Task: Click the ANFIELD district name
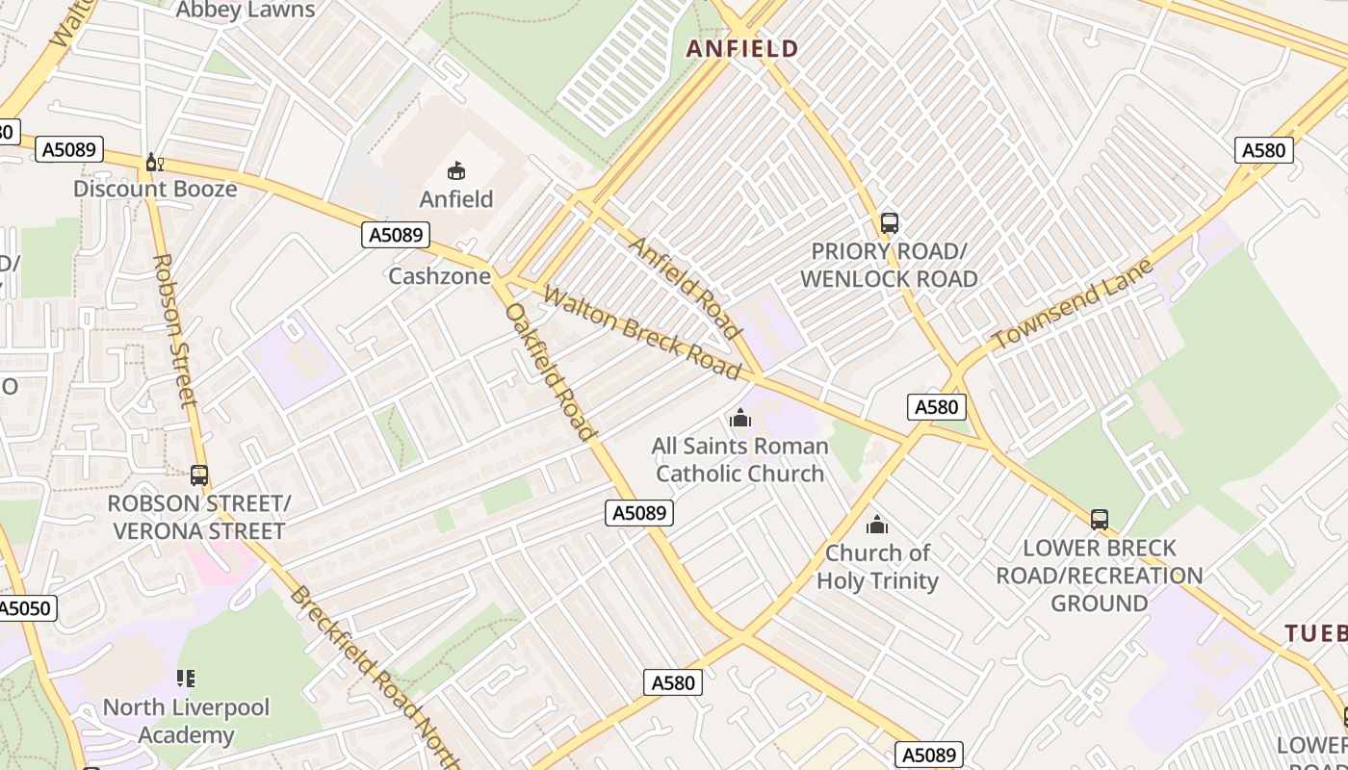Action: coord(741,49)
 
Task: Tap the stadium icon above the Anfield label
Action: coord(456,171)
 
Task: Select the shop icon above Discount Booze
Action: coord(154,163)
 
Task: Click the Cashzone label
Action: coord(433,276)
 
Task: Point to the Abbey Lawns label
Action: coord(246,11)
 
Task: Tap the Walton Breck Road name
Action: coord(641,332)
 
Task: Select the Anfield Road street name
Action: coord(686,287)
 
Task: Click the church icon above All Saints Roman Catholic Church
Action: coord(739,418)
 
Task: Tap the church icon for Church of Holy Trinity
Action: coord(876,525)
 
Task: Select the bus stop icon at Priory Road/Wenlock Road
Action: coord(890,223)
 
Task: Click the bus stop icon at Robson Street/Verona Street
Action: coord(199,475)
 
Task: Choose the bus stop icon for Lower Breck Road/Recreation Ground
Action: coord(1099,520)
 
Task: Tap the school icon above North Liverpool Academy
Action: coord(186,679)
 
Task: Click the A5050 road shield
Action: coord(26,608)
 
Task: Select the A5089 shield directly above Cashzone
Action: coord(395,235)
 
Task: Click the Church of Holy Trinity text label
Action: coord(877,567)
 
